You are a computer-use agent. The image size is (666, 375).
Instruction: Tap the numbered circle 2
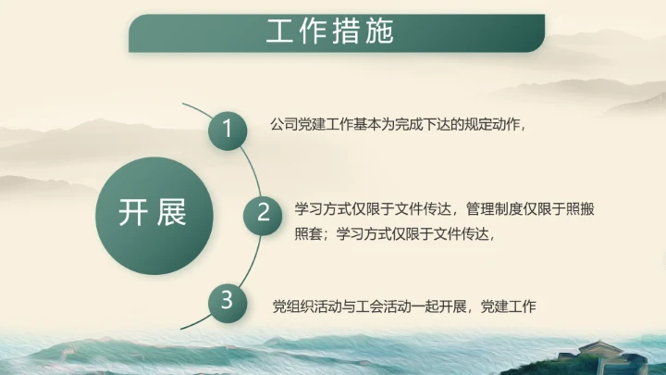point(263,213)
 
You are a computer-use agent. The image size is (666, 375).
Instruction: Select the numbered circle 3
point(227,299)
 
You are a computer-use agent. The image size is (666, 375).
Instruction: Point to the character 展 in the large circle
point(172,212)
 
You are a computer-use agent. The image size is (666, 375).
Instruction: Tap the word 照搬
point(580,209)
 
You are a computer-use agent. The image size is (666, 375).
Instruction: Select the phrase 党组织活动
point(308,306)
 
